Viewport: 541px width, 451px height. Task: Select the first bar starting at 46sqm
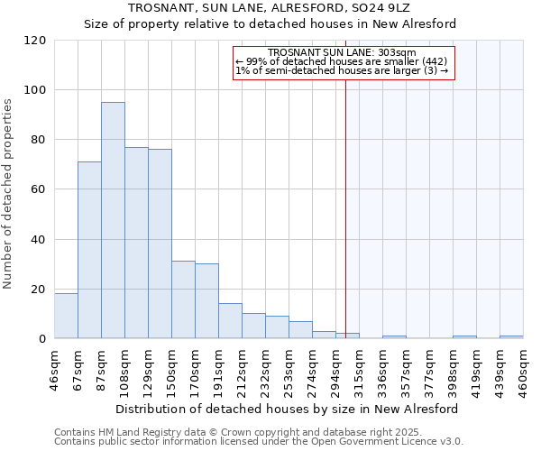tap(66, 316)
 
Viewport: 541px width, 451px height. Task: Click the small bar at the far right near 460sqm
tap(511, 336)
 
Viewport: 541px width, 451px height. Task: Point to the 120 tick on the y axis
tap(36, 41)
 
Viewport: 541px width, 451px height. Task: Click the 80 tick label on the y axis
tap(36, 140)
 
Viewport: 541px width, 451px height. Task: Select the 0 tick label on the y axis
tap(41, 339)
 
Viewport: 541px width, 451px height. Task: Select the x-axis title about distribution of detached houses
tap(287, 409)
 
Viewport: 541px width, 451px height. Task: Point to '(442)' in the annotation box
tap(431, 62)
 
